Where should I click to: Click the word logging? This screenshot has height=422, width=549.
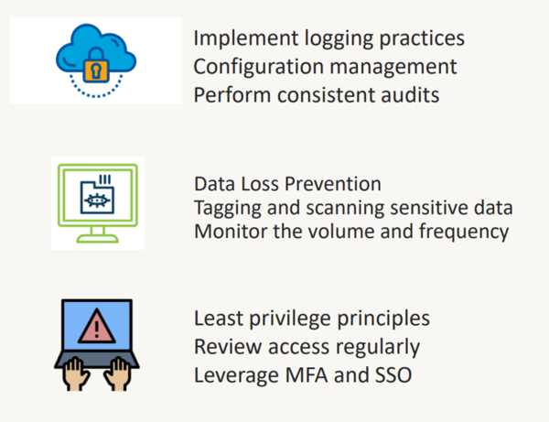(x=339, y=39)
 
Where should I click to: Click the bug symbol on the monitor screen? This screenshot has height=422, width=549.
(x=97, y=200)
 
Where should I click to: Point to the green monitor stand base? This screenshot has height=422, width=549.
(x=97, y=239)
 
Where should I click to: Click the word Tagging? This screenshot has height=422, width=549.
(x=228, y=209)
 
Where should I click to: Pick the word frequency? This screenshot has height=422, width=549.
(x=464, y=233)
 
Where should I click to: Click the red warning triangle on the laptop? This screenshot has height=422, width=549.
(x=97, y=326)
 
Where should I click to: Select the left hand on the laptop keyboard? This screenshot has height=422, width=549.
(x=75, y=373)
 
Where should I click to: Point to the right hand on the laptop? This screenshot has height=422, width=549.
(x=118, y=373)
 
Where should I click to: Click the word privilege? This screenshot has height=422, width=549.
(x=290, y=319)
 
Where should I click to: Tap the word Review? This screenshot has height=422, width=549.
(x=228, y=347)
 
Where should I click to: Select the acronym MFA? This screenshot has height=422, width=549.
(x=307, y=375)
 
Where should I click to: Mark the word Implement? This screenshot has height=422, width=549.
(x=246, y=38)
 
